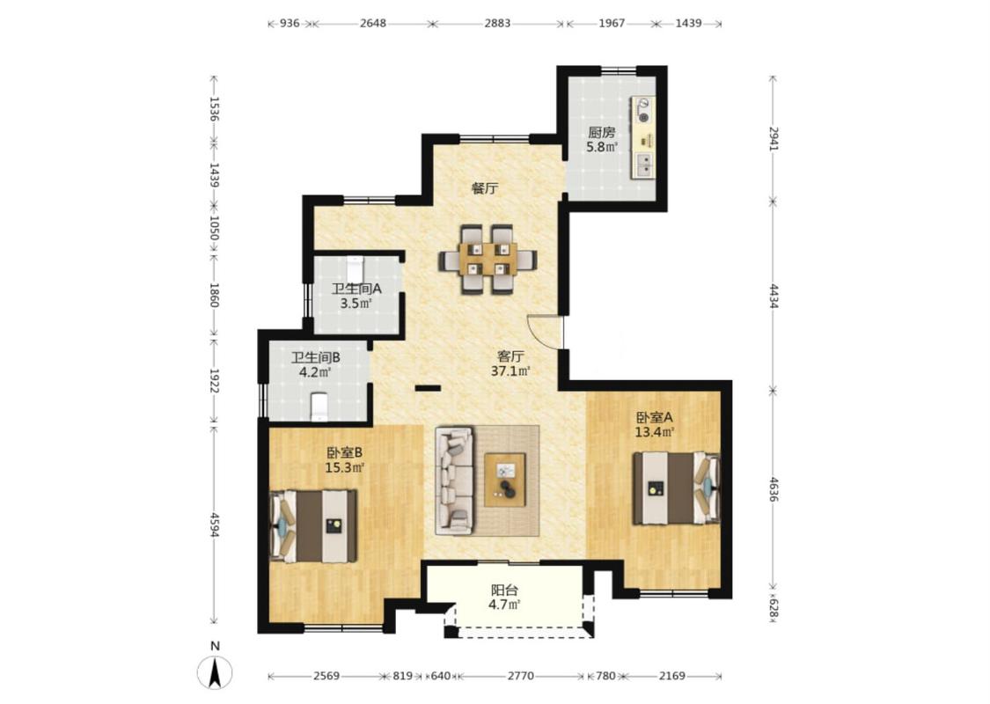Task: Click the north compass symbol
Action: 215,672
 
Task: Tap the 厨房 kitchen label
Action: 602,133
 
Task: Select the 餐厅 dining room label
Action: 485,188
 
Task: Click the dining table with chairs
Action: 488,260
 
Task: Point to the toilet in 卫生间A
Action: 356,268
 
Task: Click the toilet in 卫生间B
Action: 319,406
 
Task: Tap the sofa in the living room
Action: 454,480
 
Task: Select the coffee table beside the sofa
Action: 505,480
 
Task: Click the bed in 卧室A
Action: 677,488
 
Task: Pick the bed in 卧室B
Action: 314,525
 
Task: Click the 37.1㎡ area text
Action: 510,371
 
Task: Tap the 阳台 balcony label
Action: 504,590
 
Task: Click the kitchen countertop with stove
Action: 644,137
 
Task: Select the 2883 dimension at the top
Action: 497,24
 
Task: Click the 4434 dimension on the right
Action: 774,297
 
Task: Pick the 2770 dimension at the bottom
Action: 521,676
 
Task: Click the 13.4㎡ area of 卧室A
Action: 655,432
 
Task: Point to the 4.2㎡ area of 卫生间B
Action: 316,372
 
